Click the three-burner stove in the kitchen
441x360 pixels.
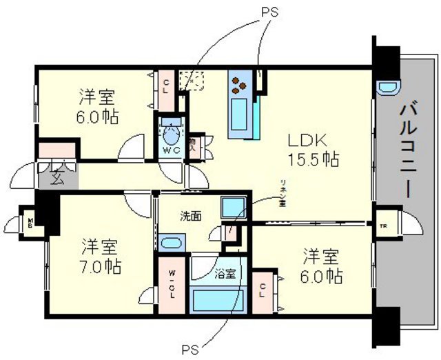tap(240, 83)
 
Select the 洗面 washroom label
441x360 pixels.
tap(192, 216)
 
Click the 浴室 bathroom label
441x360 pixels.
tap(227, 272)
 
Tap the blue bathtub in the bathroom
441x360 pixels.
tap(220, 301)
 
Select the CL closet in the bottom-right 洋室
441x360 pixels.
tap(264, 290)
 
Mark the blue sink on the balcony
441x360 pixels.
tap(387, 87)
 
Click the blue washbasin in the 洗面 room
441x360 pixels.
tap(171, 242)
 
